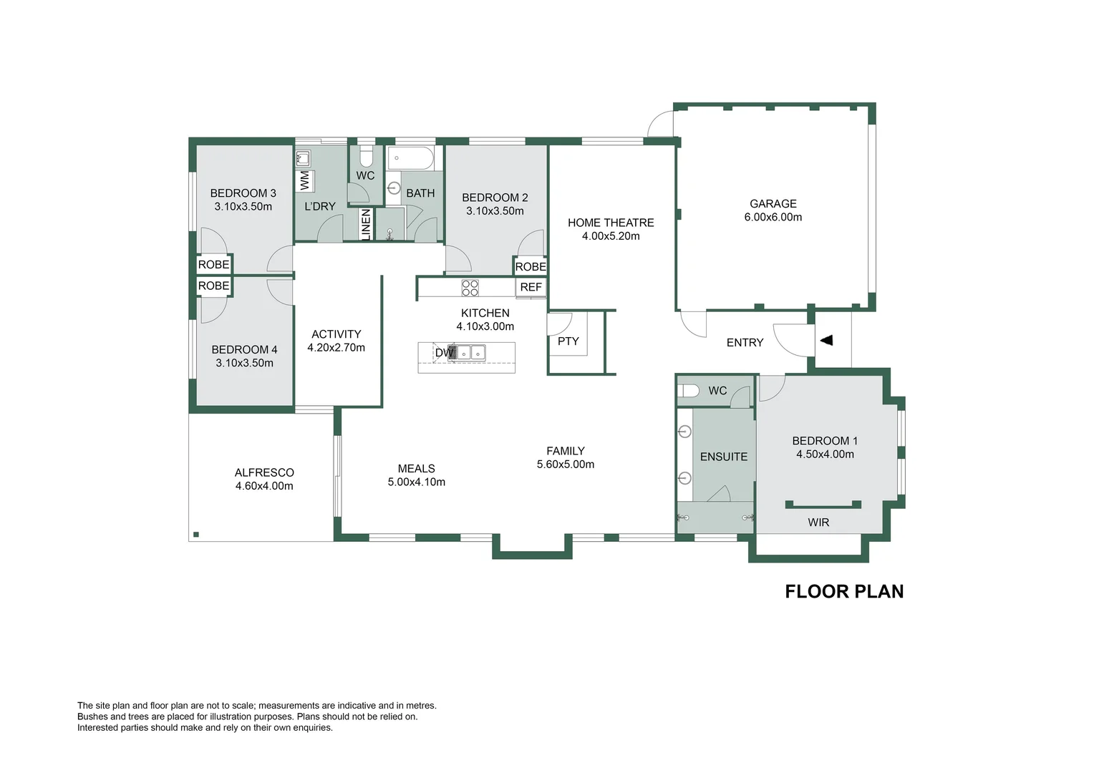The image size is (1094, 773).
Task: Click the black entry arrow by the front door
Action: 827,341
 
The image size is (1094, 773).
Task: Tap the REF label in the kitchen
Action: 531,287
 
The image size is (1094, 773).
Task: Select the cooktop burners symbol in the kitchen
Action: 470,288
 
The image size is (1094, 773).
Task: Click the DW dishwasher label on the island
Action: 444,352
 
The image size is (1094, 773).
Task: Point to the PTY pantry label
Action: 568,341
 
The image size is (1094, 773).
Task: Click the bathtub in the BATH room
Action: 410,158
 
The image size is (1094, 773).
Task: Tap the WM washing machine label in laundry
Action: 305,180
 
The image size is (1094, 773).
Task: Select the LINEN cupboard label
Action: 366,223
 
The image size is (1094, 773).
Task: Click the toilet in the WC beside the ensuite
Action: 689,391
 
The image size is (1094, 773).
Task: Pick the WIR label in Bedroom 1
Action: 818,522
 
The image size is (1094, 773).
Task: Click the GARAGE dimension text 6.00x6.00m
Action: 773,218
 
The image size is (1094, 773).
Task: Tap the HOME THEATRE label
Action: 611,223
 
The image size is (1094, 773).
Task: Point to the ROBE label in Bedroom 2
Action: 531,267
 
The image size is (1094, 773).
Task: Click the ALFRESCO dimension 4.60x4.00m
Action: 264,486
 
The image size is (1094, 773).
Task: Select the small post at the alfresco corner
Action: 196,534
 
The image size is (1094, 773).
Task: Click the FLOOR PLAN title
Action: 844,591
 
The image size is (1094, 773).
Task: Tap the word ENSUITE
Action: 723,457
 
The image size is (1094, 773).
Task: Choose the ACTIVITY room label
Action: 336,334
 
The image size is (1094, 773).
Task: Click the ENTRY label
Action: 745,343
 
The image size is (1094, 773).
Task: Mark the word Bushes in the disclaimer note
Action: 92,716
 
